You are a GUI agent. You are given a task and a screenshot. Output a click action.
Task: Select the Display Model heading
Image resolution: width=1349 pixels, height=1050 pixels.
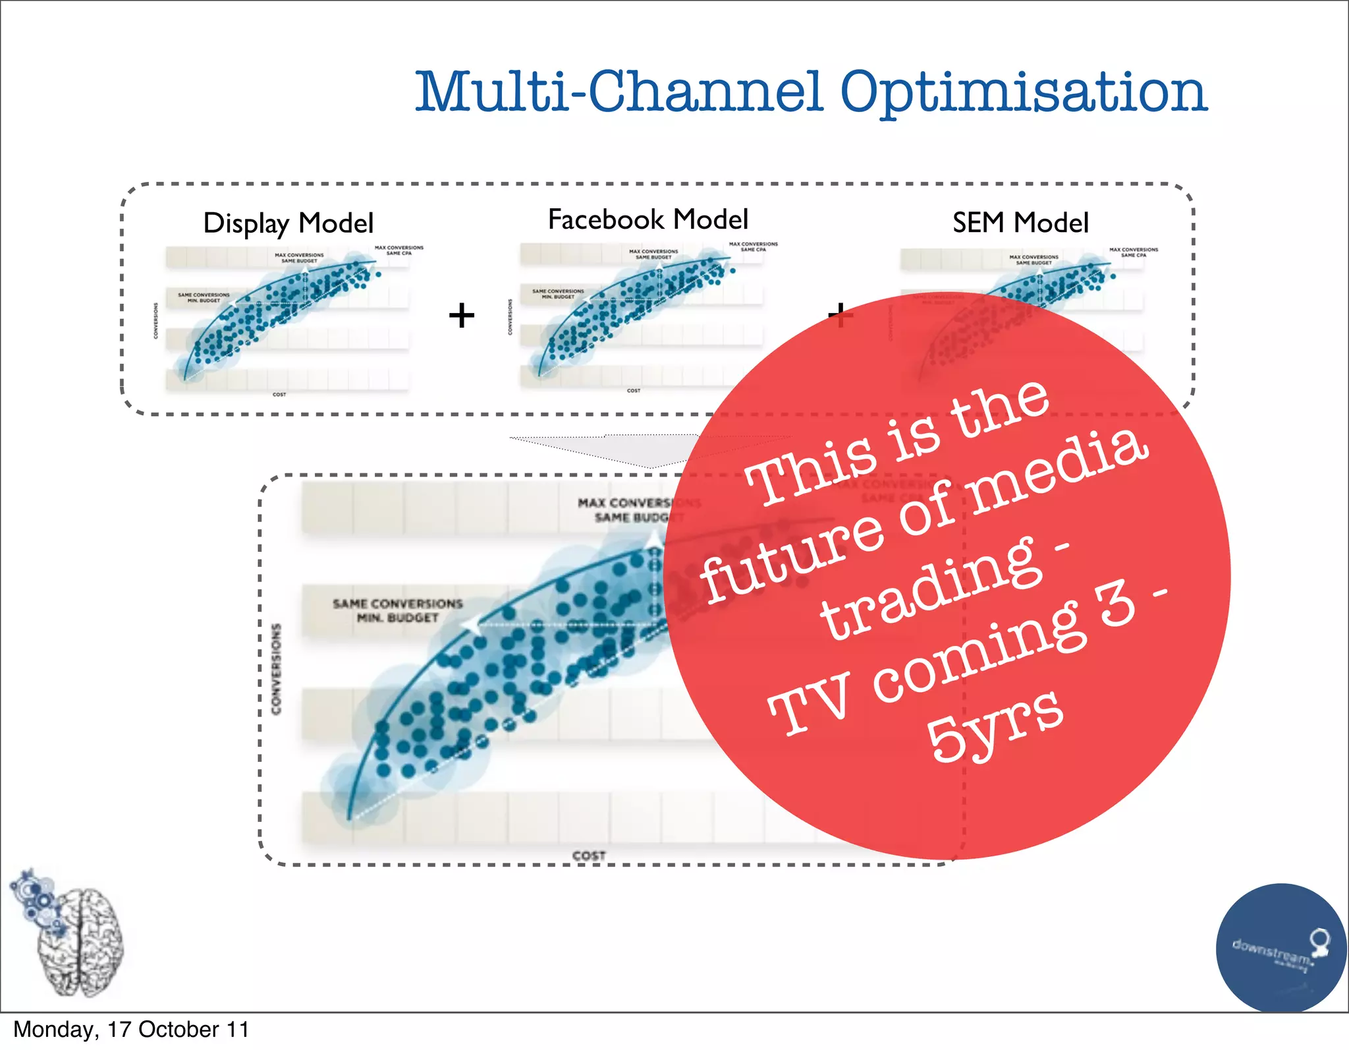[x=289, y=223]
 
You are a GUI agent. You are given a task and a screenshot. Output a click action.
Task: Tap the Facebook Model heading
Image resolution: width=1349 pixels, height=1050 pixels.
[x=648, y=219]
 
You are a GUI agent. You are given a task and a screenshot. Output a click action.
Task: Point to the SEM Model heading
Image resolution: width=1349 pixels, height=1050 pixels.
[x=1020, y=223]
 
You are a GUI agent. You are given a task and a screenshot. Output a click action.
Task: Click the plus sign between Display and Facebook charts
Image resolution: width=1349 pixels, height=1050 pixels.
[x=462, y=315]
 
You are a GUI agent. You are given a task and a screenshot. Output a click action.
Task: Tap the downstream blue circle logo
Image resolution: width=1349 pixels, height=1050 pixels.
[x=1280, y=948]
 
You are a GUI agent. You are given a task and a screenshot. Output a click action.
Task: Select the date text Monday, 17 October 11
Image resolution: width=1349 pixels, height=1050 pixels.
[x=131, y=1029]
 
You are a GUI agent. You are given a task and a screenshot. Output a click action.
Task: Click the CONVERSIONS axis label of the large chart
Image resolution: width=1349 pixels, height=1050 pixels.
[x=276, y=668]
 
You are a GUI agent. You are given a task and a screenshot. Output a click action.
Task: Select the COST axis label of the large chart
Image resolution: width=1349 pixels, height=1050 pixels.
[x=588, y=856]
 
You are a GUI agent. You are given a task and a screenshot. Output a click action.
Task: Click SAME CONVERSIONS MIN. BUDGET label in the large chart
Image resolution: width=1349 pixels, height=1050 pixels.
[x=397, y=610]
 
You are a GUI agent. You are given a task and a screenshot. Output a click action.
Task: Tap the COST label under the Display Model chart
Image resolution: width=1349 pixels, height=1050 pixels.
[x=279, y=394]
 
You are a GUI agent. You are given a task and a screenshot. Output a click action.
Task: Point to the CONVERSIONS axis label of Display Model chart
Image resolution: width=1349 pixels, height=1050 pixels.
[x=156, y=321]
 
